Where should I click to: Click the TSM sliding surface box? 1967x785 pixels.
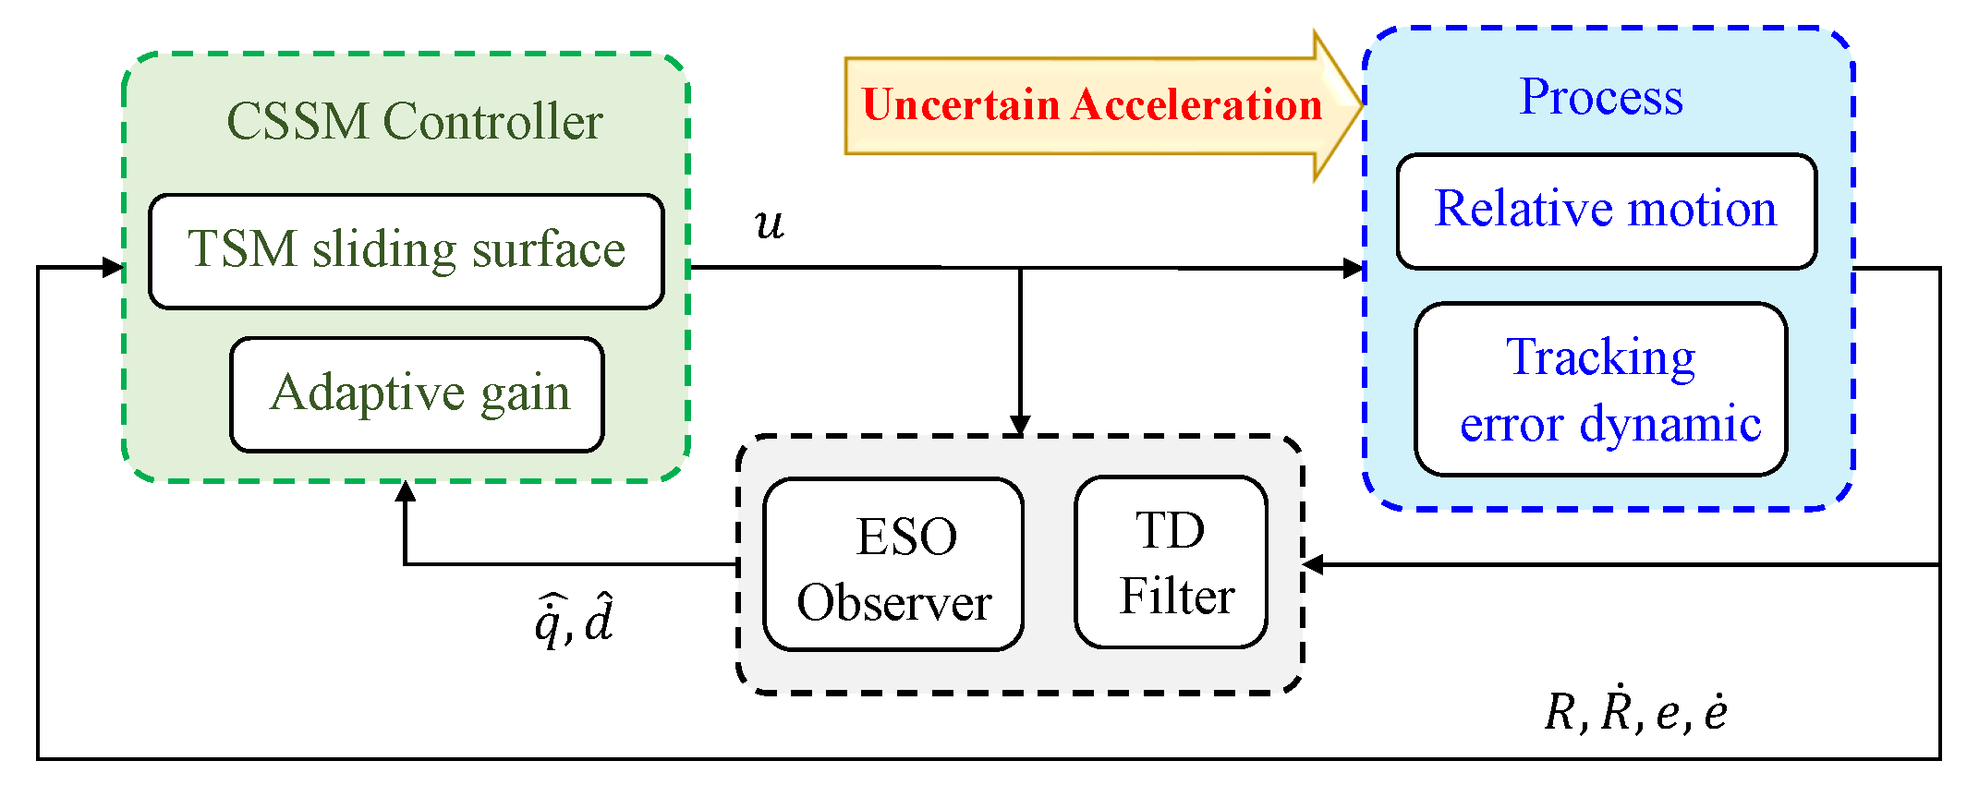407,250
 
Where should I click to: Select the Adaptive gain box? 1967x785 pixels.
418,394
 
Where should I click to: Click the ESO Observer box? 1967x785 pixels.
893,564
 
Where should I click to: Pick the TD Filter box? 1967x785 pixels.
1172,562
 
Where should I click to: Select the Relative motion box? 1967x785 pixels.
1606,211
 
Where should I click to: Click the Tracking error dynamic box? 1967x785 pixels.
1601,389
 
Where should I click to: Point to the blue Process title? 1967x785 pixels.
1601,97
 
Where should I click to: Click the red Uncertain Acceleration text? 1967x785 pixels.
1091,104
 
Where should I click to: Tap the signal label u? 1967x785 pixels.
769,223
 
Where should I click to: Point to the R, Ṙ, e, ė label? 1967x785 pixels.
1635,712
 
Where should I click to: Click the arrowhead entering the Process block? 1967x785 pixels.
1354,269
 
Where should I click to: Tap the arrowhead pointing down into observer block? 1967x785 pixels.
1020,425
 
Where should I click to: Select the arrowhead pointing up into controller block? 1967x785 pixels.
405,492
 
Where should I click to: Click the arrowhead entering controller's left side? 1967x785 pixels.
114,268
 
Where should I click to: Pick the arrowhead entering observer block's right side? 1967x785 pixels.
1313,564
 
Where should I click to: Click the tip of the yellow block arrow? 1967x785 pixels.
1361,104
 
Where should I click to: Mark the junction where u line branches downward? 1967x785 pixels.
1020,269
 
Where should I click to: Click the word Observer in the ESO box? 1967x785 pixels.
893,603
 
